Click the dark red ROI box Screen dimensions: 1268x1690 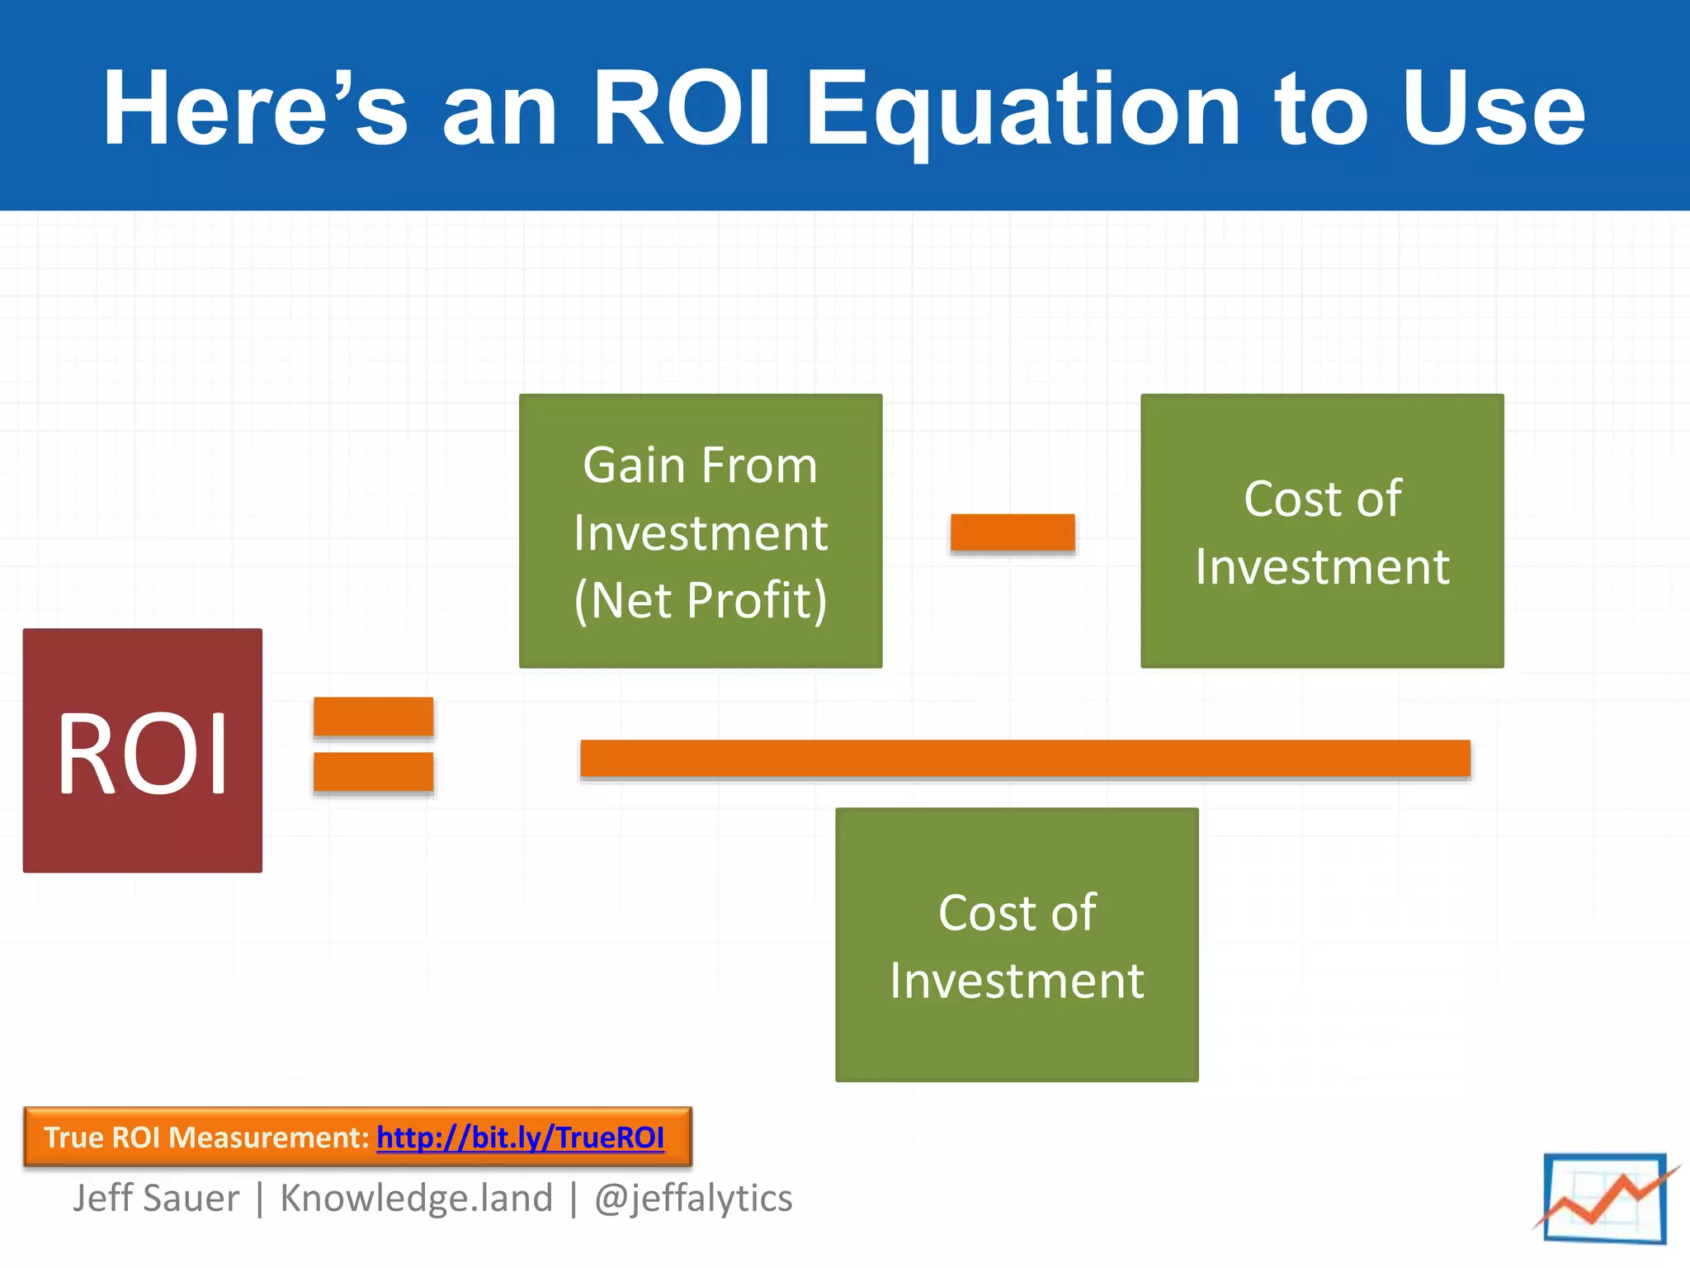[142, 750]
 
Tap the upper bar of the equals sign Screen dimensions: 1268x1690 [373, 716]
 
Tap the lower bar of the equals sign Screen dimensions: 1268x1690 [373, 772]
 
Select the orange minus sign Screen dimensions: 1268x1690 [1013, 532]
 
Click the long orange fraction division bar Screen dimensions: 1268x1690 [1025, 758]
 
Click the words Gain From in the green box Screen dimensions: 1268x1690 [700, 466]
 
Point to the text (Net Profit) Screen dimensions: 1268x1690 [700, 600]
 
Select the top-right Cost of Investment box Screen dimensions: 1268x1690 [1322, 531]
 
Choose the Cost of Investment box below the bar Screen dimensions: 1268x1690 [1017, 945]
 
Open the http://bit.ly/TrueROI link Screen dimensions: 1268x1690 [520, 1138]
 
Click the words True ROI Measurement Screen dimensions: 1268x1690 [206, 1138]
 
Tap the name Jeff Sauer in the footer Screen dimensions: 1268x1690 [156, 1198]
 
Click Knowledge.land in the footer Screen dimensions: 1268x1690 [416, 1198]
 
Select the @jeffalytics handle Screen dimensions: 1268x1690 [693, 1198]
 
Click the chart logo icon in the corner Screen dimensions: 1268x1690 [1605, 1198]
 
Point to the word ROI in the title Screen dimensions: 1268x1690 [682, 109]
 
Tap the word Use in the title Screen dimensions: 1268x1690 [1494, 109]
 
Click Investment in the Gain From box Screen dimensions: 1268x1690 [700, 533]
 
